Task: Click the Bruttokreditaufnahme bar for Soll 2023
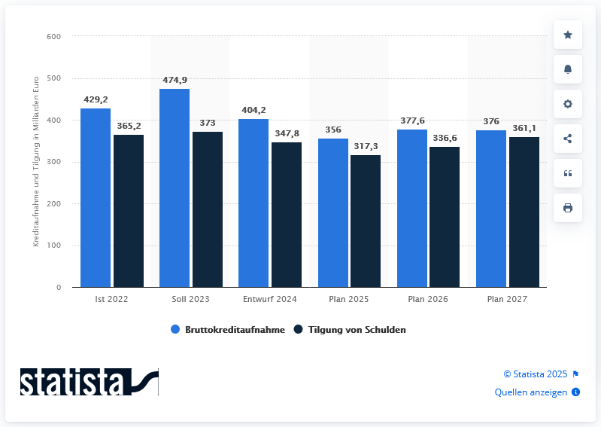click(x=175, y=188)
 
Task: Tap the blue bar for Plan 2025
click(x=333, y=213)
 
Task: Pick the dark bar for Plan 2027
click(x=524, y=212)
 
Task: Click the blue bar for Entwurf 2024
click(x=253, y=203)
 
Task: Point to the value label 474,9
click(x=175, y=80)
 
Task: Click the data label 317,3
click(x=366, y=146)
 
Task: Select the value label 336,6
click(x=445, y=138)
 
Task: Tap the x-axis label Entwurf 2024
click(x=269, y=299)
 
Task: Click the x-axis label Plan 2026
click(x=428, y=299)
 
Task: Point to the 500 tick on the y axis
click(x=53, y=78)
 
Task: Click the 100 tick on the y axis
click(x=53, y=246)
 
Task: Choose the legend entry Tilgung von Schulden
click(x=354, y=330)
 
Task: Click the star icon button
click(x=568, y=35)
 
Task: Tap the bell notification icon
click(x=568, y=69)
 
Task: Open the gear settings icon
click(x=568, y=104)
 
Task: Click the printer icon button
click(x=568, y=208)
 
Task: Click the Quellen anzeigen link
click(x=531, y=392)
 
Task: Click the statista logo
click(x=89, y=382)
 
